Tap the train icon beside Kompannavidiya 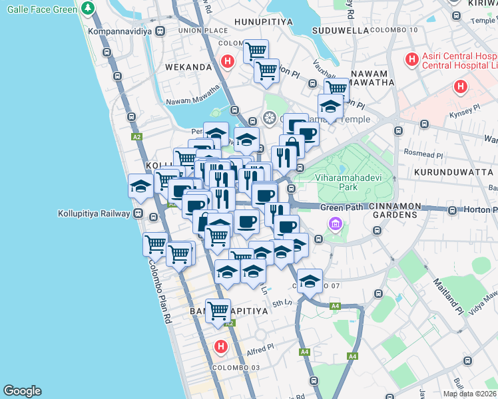click(160, 31)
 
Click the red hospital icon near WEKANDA click(228, 62)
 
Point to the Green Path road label click(342, 207)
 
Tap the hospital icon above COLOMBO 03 click(221, 346)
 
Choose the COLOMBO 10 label click(393, 31)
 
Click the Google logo click(22, 391)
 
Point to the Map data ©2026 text click(469, 394)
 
